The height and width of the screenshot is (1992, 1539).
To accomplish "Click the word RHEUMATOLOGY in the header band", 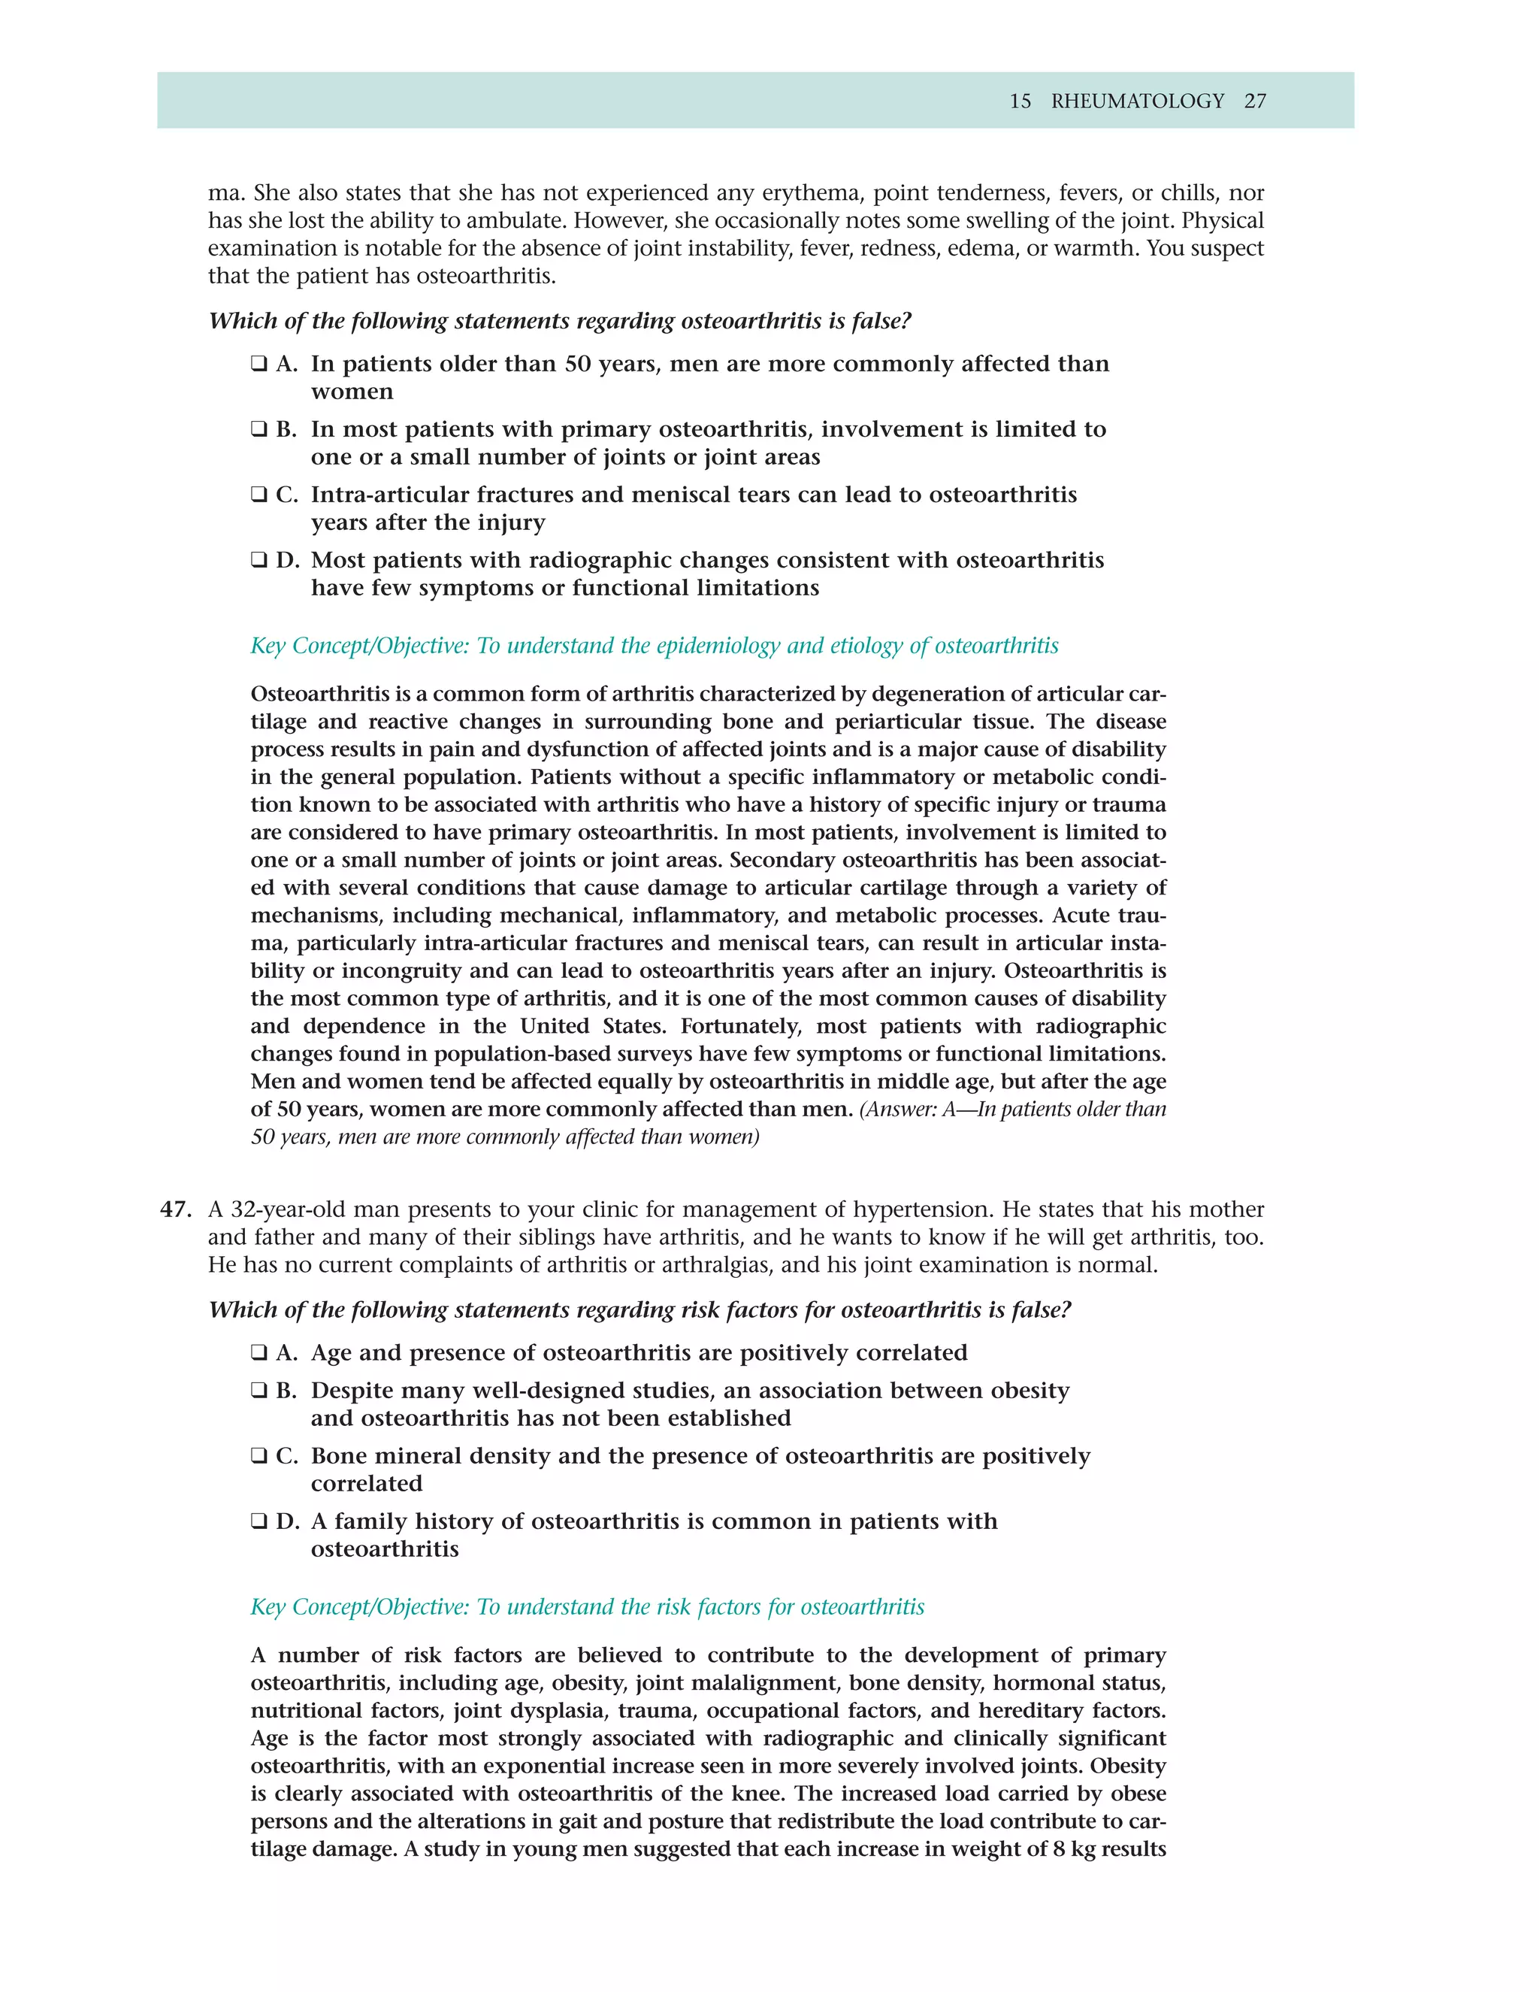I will coord(1137,101).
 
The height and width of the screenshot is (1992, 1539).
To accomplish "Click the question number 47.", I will coord(176,1209).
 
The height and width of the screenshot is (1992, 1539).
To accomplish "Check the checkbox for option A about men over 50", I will coord(259,364).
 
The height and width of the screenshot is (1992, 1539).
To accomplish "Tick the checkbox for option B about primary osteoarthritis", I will coord(259,429).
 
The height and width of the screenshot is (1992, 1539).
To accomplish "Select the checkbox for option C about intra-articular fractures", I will coord(259,495).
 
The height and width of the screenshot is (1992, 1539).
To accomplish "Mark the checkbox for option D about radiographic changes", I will coord(259,560).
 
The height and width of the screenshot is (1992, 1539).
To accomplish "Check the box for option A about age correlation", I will coord(259,1352).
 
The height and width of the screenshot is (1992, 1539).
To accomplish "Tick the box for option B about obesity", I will coord(259,1391).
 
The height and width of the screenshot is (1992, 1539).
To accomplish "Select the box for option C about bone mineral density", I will coord(259,1456).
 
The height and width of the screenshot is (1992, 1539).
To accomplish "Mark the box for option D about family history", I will coord(259,1521).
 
